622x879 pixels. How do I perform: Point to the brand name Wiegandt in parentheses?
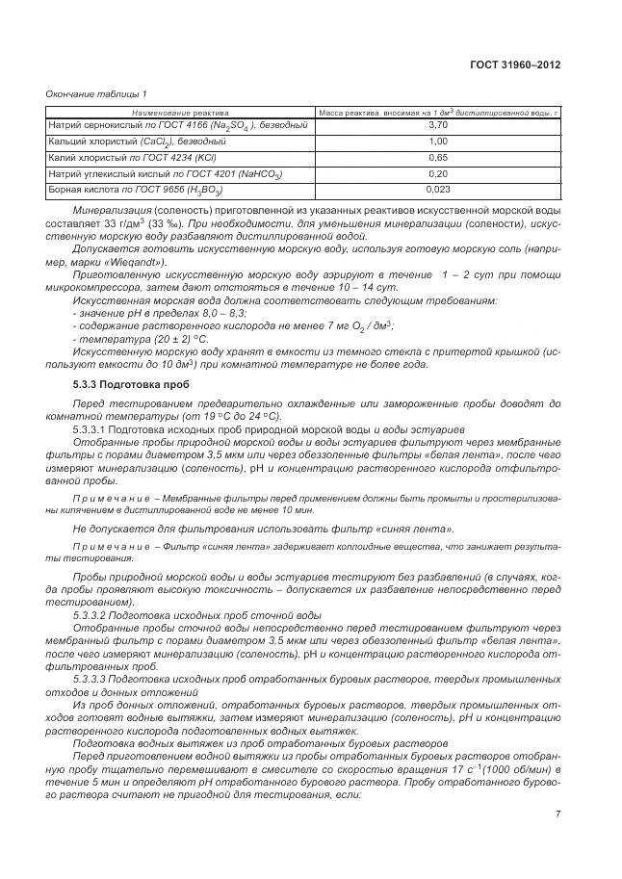(x=133, y=262)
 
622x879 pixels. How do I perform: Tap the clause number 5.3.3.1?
(x=92, y=429)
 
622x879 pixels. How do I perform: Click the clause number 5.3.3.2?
(x=92, y=615)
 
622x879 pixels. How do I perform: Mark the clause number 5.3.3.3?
(x=92, y=679)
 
